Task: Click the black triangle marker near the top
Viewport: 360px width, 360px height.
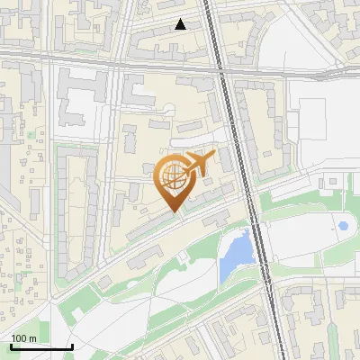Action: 181,24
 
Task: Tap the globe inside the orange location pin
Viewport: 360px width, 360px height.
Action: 173,176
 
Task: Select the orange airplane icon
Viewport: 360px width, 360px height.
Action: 200,165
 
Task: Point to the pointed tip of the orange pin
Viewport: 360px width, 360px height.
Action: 175,211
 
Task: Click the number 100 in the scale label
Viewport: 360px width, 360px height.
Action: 20,338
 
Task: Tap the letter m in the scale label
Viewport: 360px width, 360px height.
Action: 32,338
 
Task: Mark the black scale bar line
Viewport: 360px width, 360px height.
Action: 41,346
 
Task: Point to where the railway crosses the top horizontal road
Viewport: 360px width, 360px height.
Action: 220,66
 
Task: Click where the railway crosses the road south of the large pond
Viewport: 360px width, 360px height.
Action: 267,281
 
